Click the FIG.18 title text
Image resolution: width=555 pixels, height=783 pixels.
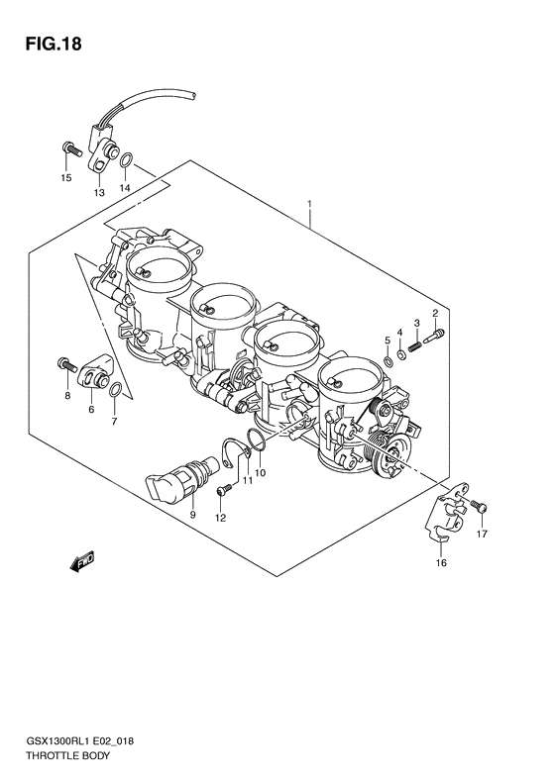(x=46, y=44)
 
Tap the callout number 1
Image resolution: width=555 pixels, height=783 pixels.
(x=310, y=206)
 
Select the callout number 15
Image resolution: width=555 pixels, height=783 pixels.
(x=66, y=178)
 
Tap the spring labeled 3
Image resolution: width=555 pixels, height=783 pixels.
(x=417, y=344)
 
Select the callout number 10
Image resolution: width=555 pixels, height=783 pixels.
(x=261, y=472)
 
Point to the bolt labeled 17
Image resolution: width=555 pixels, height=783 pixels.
(x=480, y=506)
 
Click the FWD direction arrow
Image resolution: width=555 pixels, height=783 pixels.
(x=81, y=561)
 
